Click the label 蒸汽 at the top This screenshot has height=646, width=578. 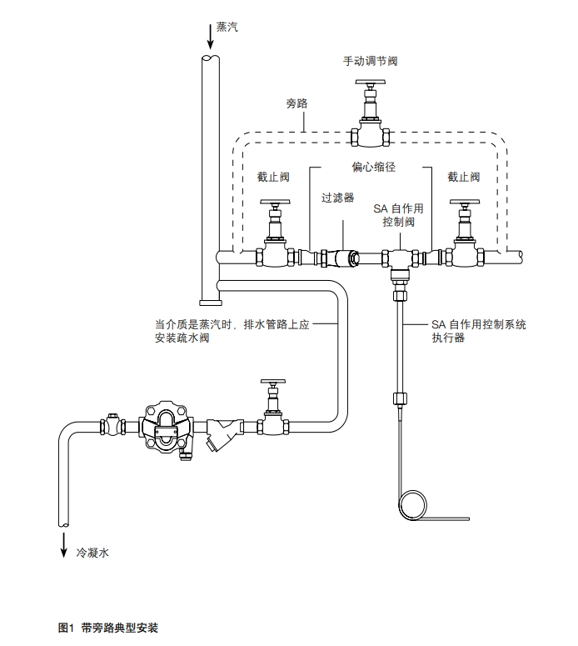(x=227, y=27)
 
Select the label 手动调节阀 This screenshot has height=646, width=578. (x=371, y=61)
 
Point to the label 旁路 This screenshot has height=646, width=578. (x=297, y=103)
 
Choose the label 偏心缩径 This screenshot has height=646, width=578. (x=373, y=167)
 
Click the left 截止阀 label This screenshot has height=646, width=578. (x=272, y=178)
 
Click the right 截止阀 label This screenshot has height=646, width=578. (x=463, y=178)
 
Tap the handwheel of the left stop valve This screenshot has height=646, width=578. (x=273, y=203)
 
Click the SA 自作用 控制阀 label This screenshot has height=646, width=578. (x=398, y=216)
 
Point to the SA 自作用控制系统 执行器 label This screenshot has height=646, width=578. (x=478, y=332)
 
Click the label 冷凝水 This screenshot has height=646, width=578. (x=92, y=553)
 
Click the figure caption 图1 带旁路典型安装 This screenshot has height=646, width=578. (x=108, y=627)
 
